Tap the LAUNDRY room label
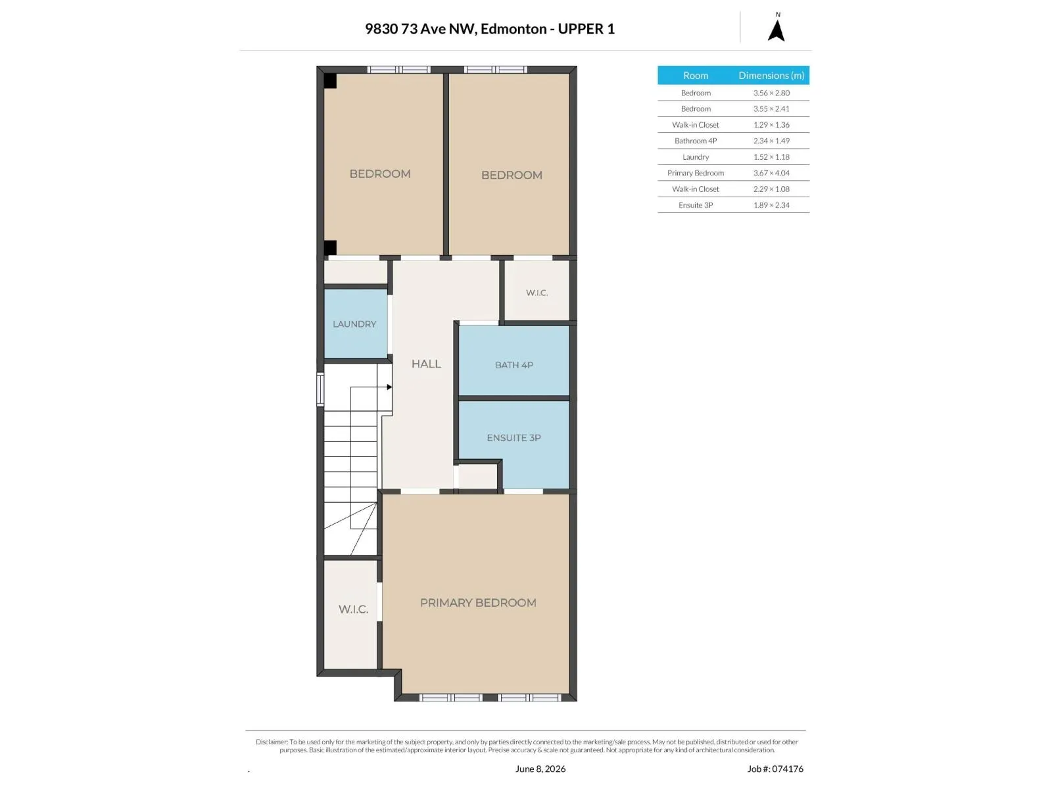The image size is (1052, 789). click(354, 324)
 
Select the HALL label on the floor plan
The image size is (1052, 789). click(426, 364)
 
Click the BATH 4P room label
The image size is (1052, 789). click(514, 365)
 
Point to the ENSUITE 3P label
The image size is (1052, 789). click(514, 438)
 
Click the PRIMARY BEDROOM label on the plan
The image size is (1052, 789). click(478, 603)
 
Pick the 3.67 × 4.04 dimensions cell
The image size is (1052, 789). click(771, 173)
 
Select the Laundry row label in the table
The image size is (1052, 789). click(696, 157)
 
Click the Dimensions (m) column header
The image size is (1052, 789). click(771, 75)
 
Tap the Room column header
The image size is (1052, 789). click(696, 75)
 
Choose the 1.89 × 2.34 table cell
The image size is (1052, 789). click(771, 205)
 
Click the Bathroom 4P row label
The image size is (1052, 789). click(696, 141)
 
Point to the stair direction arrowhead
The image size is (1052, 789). click(390, 387)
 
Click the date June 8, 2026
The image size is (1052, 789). click(540, 769)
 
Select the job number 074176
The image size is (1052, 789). click(788, 769)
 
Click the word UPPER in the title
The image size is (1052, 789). click(581, 29)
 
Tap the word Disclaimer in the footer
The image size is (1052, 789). click(272, 742)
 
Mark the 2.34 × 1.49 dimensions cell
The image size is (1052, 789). click(771, 141)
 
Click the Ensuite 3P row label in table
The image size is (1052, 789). click(696, 205)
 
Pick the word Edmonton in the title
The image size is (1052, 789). click(514, 29)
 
